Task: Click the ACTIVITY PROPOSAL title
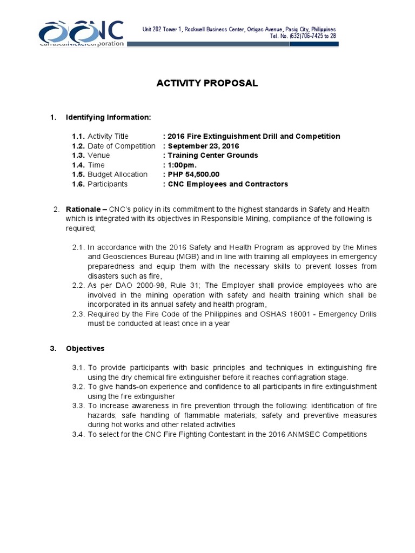click(x=207, y=83)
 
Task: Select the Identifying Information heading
click(x=108, y=117)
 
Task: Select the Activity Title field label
click(x=108, y=136)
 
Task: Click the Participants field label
click(x=108, y=184)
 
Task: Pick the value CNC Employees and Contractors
click(x=227, y=184)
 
